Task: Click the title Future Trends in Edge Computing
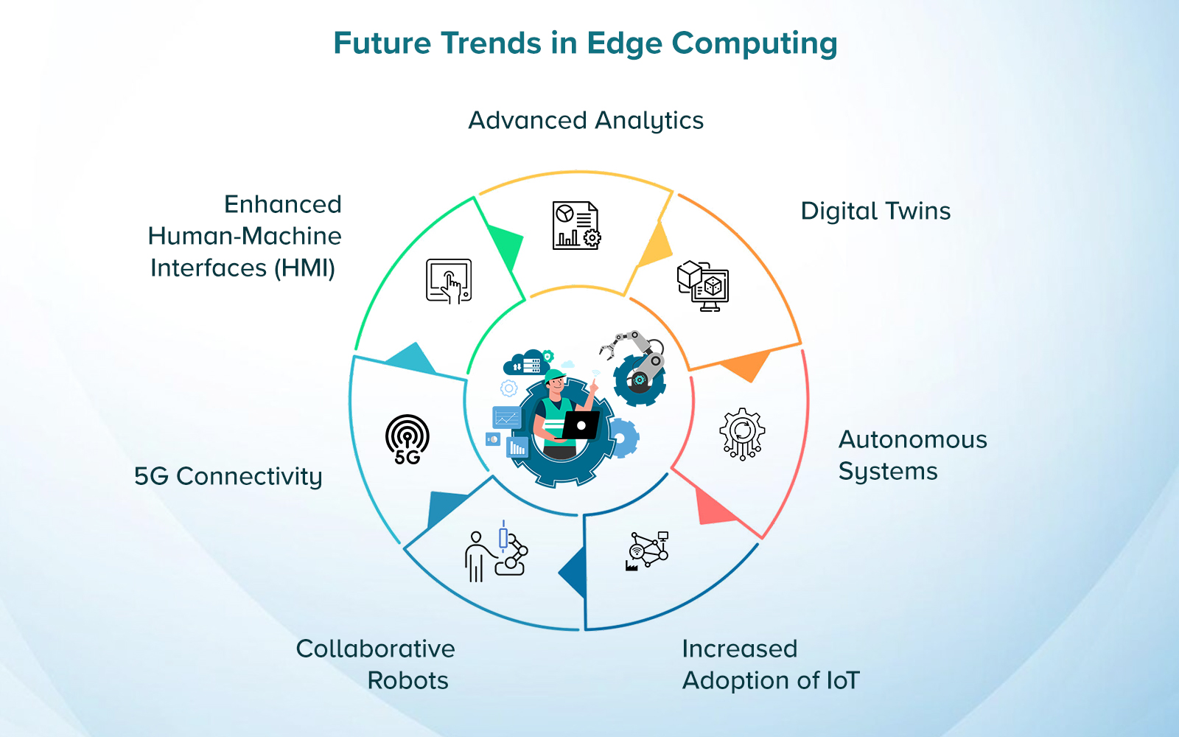click(585, 43)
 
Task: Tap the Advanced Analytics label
click(586, 121)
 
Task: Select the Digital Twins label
click(875, 212)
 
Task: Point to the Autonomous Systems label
click(912, 455)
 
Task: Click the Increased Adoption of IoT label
click(770, 665)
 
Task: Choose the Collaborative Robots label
click(376, 665)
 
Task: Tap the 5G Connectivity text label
click(228, 477)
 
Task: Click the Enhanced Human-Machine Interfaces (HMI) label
click(246, 236)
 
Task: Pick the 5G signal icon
click(407, 440)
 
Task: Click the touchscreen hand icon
click(449, 281)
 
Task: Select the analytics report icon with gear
click(576, 226)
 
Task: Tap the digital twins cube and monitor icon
click(703, 286)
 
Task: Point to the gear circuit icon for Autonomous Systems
click(742, 433)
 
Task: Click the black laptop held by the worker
click(581, 425)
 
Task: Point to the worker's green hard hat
click(554, 375)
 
